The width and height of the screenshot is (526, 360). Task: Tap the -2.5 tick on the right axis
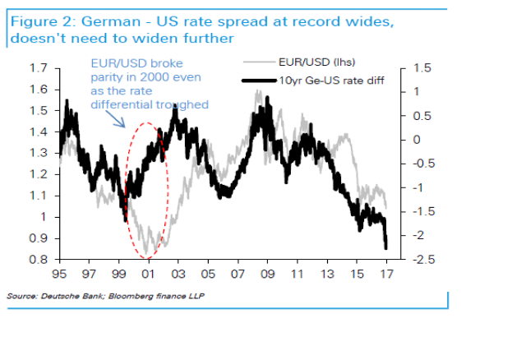[413, 260]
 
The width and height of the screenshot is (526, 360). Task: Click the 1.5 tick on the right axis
[409, 67]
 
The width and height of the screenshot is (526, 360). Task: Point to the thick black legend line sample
[264, 81]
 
